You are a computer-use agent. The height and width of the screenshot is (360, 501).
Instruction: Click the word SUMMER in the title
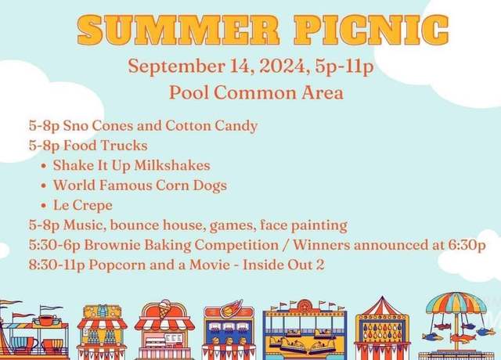(x=179, y=30)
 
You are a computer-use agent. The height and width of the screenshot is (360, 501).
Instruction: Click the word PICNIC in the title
(x=372, y=30)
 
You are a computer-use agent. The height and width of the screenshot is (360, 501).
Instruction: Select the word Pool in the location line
(x=188, y=92)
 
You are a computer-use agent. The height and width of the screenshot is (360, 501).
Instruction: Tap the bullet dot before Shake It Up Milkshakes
(x=44, y=166)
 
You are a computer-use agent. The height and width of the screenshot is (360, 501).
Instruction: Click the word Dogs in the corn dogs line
(x=210, y=186)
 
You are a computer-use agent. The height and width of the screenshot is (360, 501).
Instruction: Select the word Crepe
(x=92, y=206)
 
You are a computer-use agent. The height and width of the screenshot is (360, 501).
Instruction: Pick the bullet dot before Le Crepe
(x=44, y=206)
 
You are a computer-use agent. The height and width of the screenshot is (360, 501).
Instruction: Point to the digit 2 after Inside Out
(x=320, y=265)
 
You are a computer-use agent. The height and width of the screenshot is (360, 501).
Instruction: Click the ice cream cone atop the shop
(x=165, y=308)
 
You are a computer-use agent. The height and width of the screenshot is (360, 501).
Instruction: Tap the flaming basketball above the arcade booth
(x=231, y=308)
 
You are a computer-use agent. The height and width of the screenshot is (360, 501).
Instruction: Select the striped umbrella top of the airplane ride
(x=456, y=303)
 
